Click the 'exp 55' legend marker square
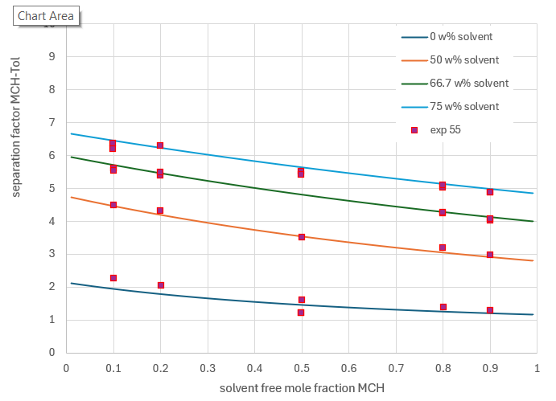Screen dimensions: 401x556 414,130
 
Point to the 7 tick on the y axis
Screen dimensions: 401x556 51,122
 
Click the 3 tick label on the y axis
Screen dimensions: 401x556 51,254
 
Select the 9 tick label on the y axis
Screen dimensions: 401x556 51,56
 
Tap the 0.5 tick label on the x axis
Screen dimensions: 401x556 301,367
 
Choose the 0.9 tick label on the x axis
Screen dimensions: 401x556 489,367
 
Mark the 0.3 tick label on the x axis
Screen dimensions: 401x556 207,367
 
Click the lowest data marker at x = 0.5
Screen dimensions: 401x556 301,313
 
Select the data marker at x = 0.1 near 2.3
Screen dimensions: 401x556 113,278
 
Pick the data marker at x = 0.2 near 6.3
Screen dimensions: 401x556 160,145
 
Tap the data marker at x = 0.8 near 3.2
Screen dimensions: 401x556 443,248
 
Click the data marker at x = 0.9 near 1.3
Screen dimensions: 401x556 489,310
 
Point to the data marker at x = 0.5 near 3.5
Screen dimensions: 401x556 302,237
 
